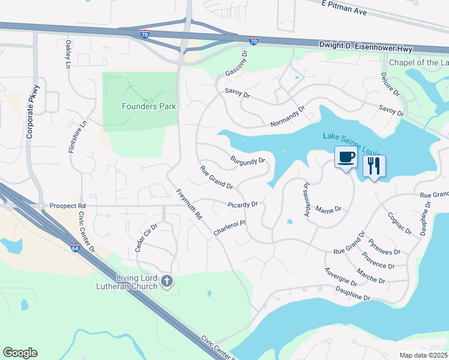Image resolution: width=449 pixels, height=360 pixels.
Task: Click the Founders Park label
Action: click(x=149, y=106)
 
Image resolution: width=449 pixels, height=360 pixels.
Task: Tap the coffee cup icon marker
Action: click(x=345, y=158)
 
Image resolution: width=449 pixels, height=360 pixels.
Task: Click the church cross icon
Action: click(x=167, y=281)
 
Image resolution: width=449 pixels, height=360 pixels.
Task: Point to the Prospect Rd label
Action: click(x=68, y=205)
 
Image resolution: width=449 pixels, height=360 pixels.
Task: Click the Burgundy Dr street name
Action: click(x=247, y=161)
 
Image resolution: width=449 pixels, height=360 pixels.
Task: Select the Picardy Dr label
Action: click(x=243, y=205)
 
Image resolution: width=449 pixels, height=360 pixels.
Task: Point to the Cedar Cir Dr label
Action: click(x=146, y=237)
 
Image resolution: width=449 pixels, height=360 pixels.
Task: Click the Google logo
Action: click(x=20, y=353)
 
